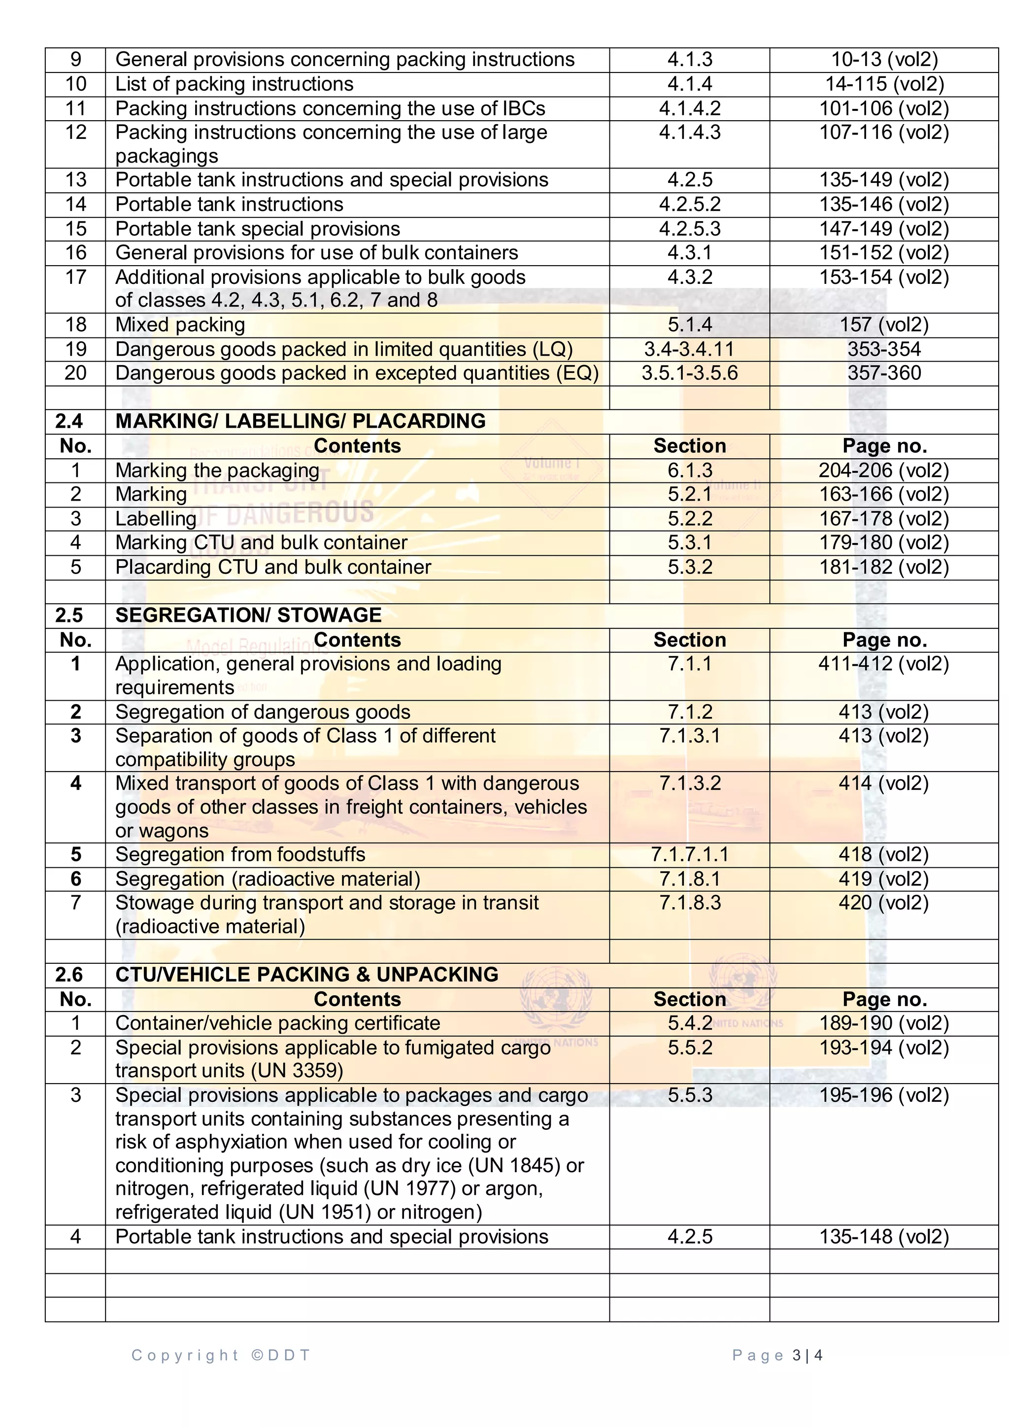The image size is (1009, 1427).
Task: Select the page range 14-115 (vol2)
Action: [x=884, y=84]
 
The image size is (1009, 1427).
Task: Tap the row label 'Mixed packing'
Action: [x=180, y=324]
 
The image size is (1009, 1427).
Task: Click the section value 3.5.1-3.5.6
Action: [x=690, y=373]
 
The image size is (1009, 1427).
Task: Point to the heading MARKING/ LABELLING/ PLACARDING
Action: [x=300, y=421]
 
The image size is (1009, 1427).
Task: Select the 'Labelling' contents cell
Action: [x=156, y=518]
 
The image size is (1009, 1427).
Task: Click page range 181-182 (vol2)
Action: [x=884, y=567]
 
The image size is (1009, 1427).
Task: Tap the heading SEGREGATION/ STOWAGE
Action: [x=248, y=615]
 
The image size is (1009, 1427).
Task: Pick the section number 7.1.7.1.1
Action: [x=690, y=854]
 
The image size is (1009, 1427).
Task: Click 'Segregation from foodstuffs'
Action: [x=240, y=854]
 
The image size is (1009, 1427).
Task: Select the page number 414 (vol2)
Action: [x=883, y=783]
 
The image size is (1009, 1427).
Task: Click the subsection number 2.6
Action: [x=69, y=975]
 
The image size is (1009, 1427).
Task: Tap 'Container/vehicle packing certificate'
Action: [x=278, y=1023]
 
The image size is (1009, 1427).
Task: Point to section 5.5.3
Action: [x=690, y=1095]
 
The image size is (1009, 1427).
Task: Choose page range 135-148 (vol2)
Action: [x=884, y=1237]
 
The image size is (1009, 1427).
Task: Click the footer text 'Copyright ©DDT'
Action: [x=221, y=1356]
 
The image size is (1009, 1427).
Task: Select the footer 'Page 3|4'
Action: [x=777, y=1356]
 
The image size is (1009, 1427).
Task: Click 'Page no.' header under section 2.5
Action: [x=884, y=640]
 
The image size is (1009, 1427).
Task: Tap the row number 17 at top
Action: [x=76, y=277]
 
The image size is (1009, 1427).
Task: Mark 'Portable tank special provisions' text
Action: [x=258, y=229]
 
